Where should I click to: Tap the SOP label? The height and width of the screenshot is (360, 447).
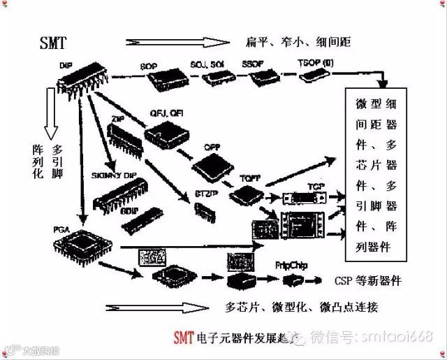click(x=149, y=66)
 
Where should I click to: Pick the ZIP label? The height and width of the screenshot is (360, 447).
click(x=117, y=120)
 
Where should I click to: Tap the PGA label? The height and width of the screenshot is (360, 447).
click(x=61, y=228)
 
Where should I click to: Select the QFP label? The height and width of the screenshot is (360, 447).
click(x=212, y=148)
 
